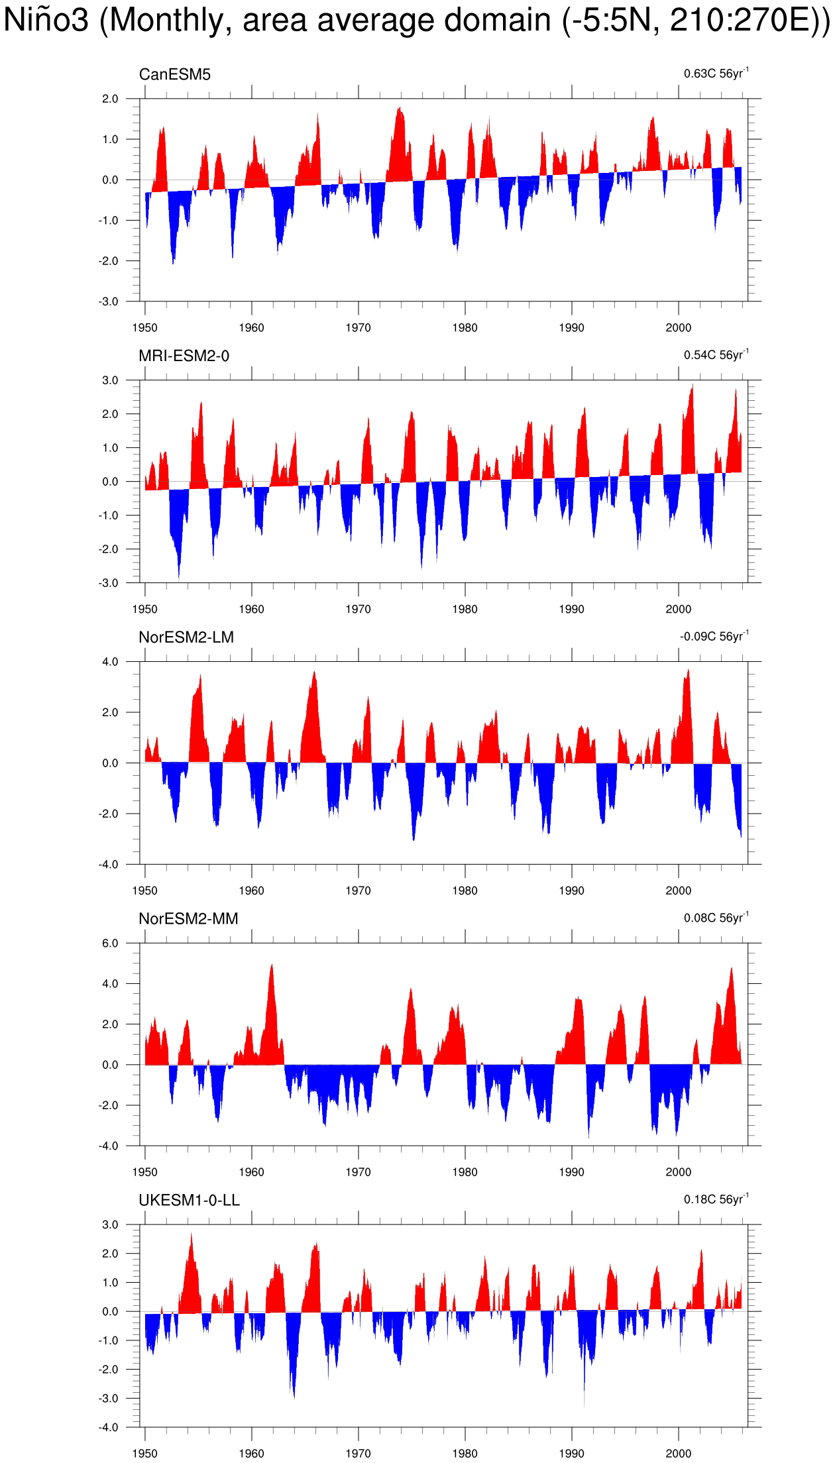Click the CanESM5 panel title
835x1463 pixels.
(x=175, y=75)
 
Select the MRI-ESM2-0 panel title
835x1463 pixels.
(x=184, y=356)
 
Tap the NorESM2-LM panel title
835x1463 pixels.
(x=186, y=637)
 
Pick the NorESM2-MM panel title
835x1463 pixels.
(x=188, y=919)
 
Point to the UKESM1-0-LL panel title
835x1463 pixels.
(x=190, y=1201)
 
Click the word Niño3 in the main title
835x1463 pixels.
(x=46, y=20)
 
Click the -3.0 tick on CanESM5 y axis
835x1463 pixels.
(x=108, y=301)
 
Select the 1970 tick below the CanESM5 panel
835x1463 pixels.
(x=358, y=328)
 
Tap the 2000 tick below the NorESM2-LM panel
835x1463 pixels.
(x=678, y=891)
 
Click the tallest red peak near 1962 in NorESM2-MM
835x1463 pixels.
(x=272, y=965)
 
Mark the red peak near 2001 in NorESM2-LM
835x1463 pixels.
(x=689, y=670)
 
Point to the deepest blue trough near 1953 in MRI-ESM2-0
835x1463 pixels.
(x=178, y=578)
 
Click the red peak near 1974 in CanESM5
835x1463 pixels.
(x=400, y=107)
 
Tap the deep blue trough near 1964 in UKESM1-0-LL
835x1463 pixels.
(x=294, y=1397)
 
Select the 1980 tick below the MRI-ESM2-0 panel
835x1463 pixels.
(x=465, y=610)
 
